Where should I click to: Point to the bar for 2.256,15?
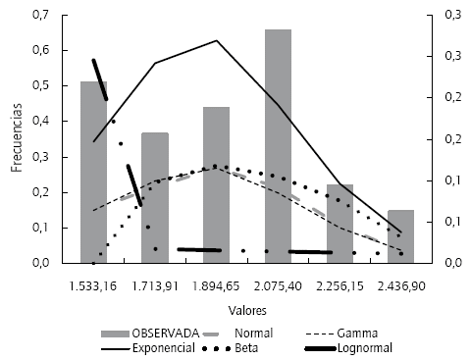tap(339, 224)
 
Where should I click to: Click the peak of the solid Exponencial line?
tap(216, 41)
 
